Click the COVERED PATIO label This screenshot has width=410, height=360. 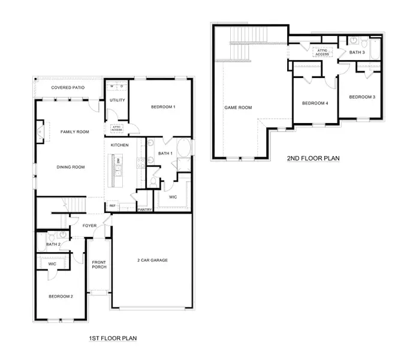[x=68, y=88]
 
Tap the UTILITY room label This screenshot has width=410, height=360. [x=117, y=100]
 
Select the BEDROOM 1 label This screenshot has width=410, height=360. [x=163, y=107]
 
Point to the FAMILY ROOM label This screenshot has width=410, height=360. [x=75, y=131]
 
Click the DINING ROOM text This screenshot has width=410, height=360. [x=71, y=167]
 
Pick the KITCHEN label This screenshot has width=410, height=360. [x=119, y=145]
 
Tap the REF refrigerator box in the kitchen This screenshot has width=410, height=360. [x=113, y=206]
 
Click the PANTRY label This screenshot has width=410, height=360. [x=144, y=209]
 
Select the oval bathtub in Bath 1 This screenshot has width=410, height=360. [x=184, y=148]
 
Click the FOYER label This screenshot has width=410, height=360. [x=89, y=226]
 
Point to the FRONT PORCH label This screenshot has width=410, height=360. [x=99, y=265]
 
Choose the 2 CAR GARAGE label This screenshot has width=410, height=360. [x=152, y=260]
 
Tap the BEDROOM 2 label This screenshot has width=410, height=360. [x=61, y=296]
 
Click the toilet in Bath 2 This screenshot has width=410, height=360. [x=52, y=236]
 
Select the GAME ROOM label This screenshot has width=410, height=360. [x=238, y=107]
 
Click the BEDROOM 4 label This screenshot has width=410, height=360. [x=315, y=103]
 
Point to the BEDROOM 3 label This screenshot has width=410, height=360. [x=362, y=97]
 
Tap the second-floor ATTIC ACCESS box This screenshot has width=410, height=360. [x=322, y=52]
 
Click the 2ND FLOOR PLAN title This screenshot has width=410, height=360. [x=313, y=158]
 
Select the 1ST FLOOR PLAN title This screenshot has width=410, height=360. [x=113, y=338]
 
